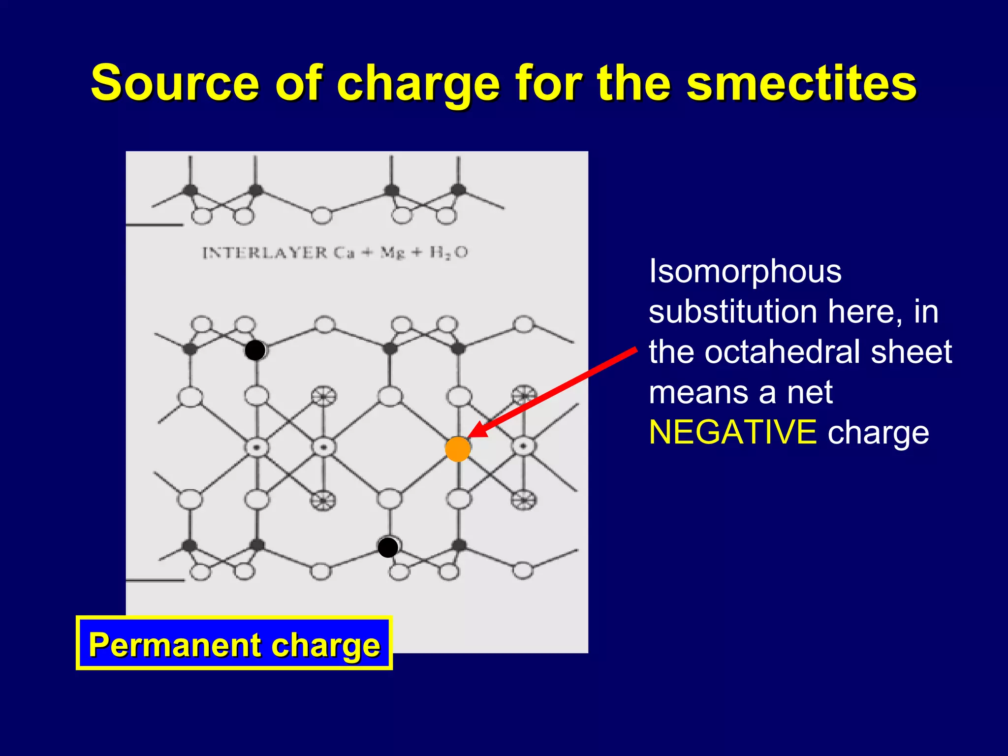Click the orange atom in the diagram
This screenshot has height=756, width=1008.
[x=458, y=449]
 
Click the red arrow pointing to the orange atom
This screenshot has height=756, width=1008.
[x=556, y=391]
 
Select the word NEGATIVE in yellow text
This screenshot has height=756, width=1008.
[x=732, y=432]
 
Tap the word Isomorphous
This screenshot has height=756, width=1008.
[x=745, y=271]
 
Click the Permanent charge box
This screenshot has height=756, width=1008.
[x=234, y=644]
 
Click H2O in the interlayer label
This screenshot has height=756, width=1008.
[x=448, y=253]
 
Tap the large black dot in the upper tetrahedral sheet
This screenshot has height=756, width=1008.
[x=255, y=350]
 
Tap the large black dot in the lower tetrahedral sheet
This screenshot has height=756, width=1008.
[x=388, y=547]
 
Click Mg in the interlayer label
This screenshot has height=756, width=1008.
[x=393, y=253]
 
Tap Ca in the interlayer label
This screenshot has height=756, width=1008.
[x=344, y=253]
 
